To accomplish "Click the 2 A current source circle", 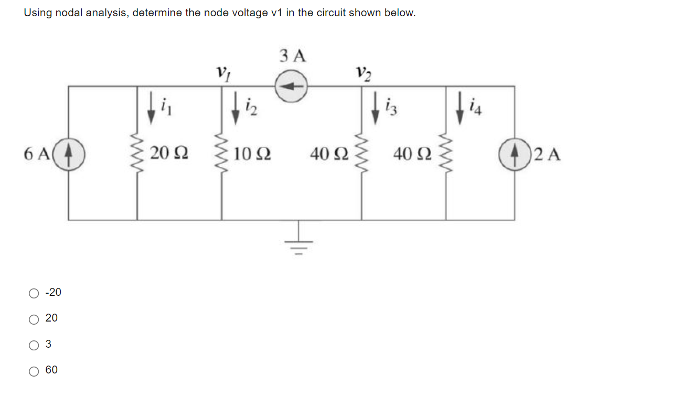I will click(515, 154).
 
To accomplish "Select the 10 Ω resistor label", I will click(252, 154).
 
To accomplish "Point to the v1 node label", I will click(222, 71).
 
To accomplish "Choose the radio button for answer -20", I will click(34, 293).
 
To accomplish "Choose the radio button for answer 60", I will click(34, 371).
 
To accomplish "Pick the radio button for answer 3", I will click(34, 345).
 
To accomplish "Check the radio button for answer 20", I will click(34, 319).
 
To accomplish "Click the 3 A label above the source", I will click(293, 56).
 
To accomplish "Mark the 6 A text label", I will click(36, 154).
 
